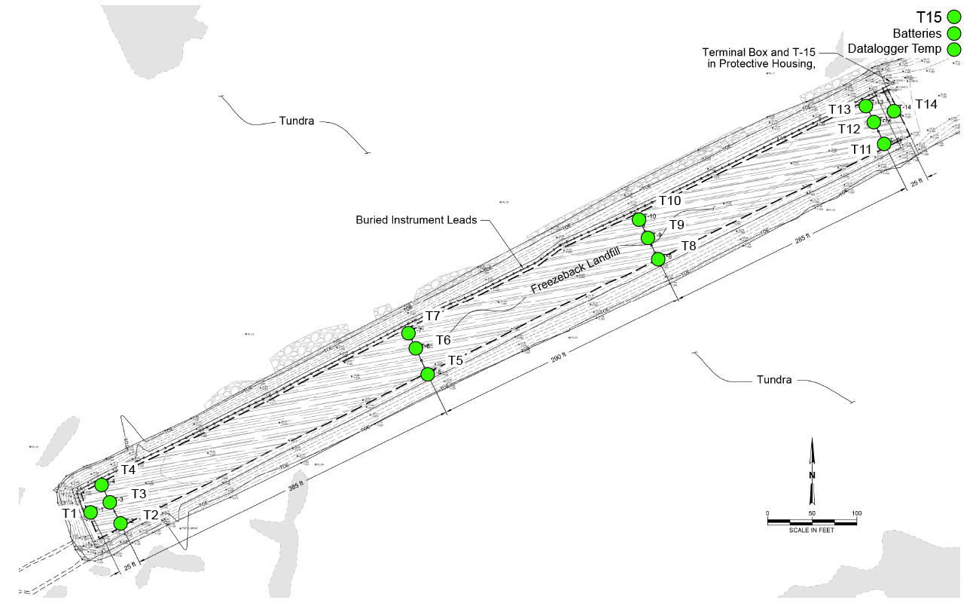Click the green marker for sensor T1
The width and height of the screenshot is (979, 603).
[90, 513]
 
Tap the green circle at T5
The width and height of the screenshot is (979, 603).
[428, 374]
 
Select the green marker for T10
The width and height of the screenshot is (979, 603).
[639, 219]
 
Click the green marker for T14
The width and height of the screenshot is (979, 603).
[894, 112]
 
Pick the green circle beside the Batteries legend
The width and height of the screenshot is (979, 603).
[955, 33]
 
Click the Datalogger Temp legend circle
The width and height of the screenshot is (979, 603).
[955, 50]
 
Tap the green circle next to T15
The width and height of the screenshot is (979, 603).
[955, 17]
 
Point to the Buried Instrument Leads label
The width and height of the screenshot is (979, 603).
[416, 220]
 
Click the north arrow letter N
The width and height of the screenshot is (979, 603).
[811, 476]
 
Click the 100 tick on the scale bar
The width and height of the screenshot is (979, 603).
[855, 514]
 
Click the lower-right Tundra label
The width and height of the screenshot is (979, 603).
[774, 380]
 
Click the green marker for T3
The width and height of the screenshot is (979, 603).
[109, 502]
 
